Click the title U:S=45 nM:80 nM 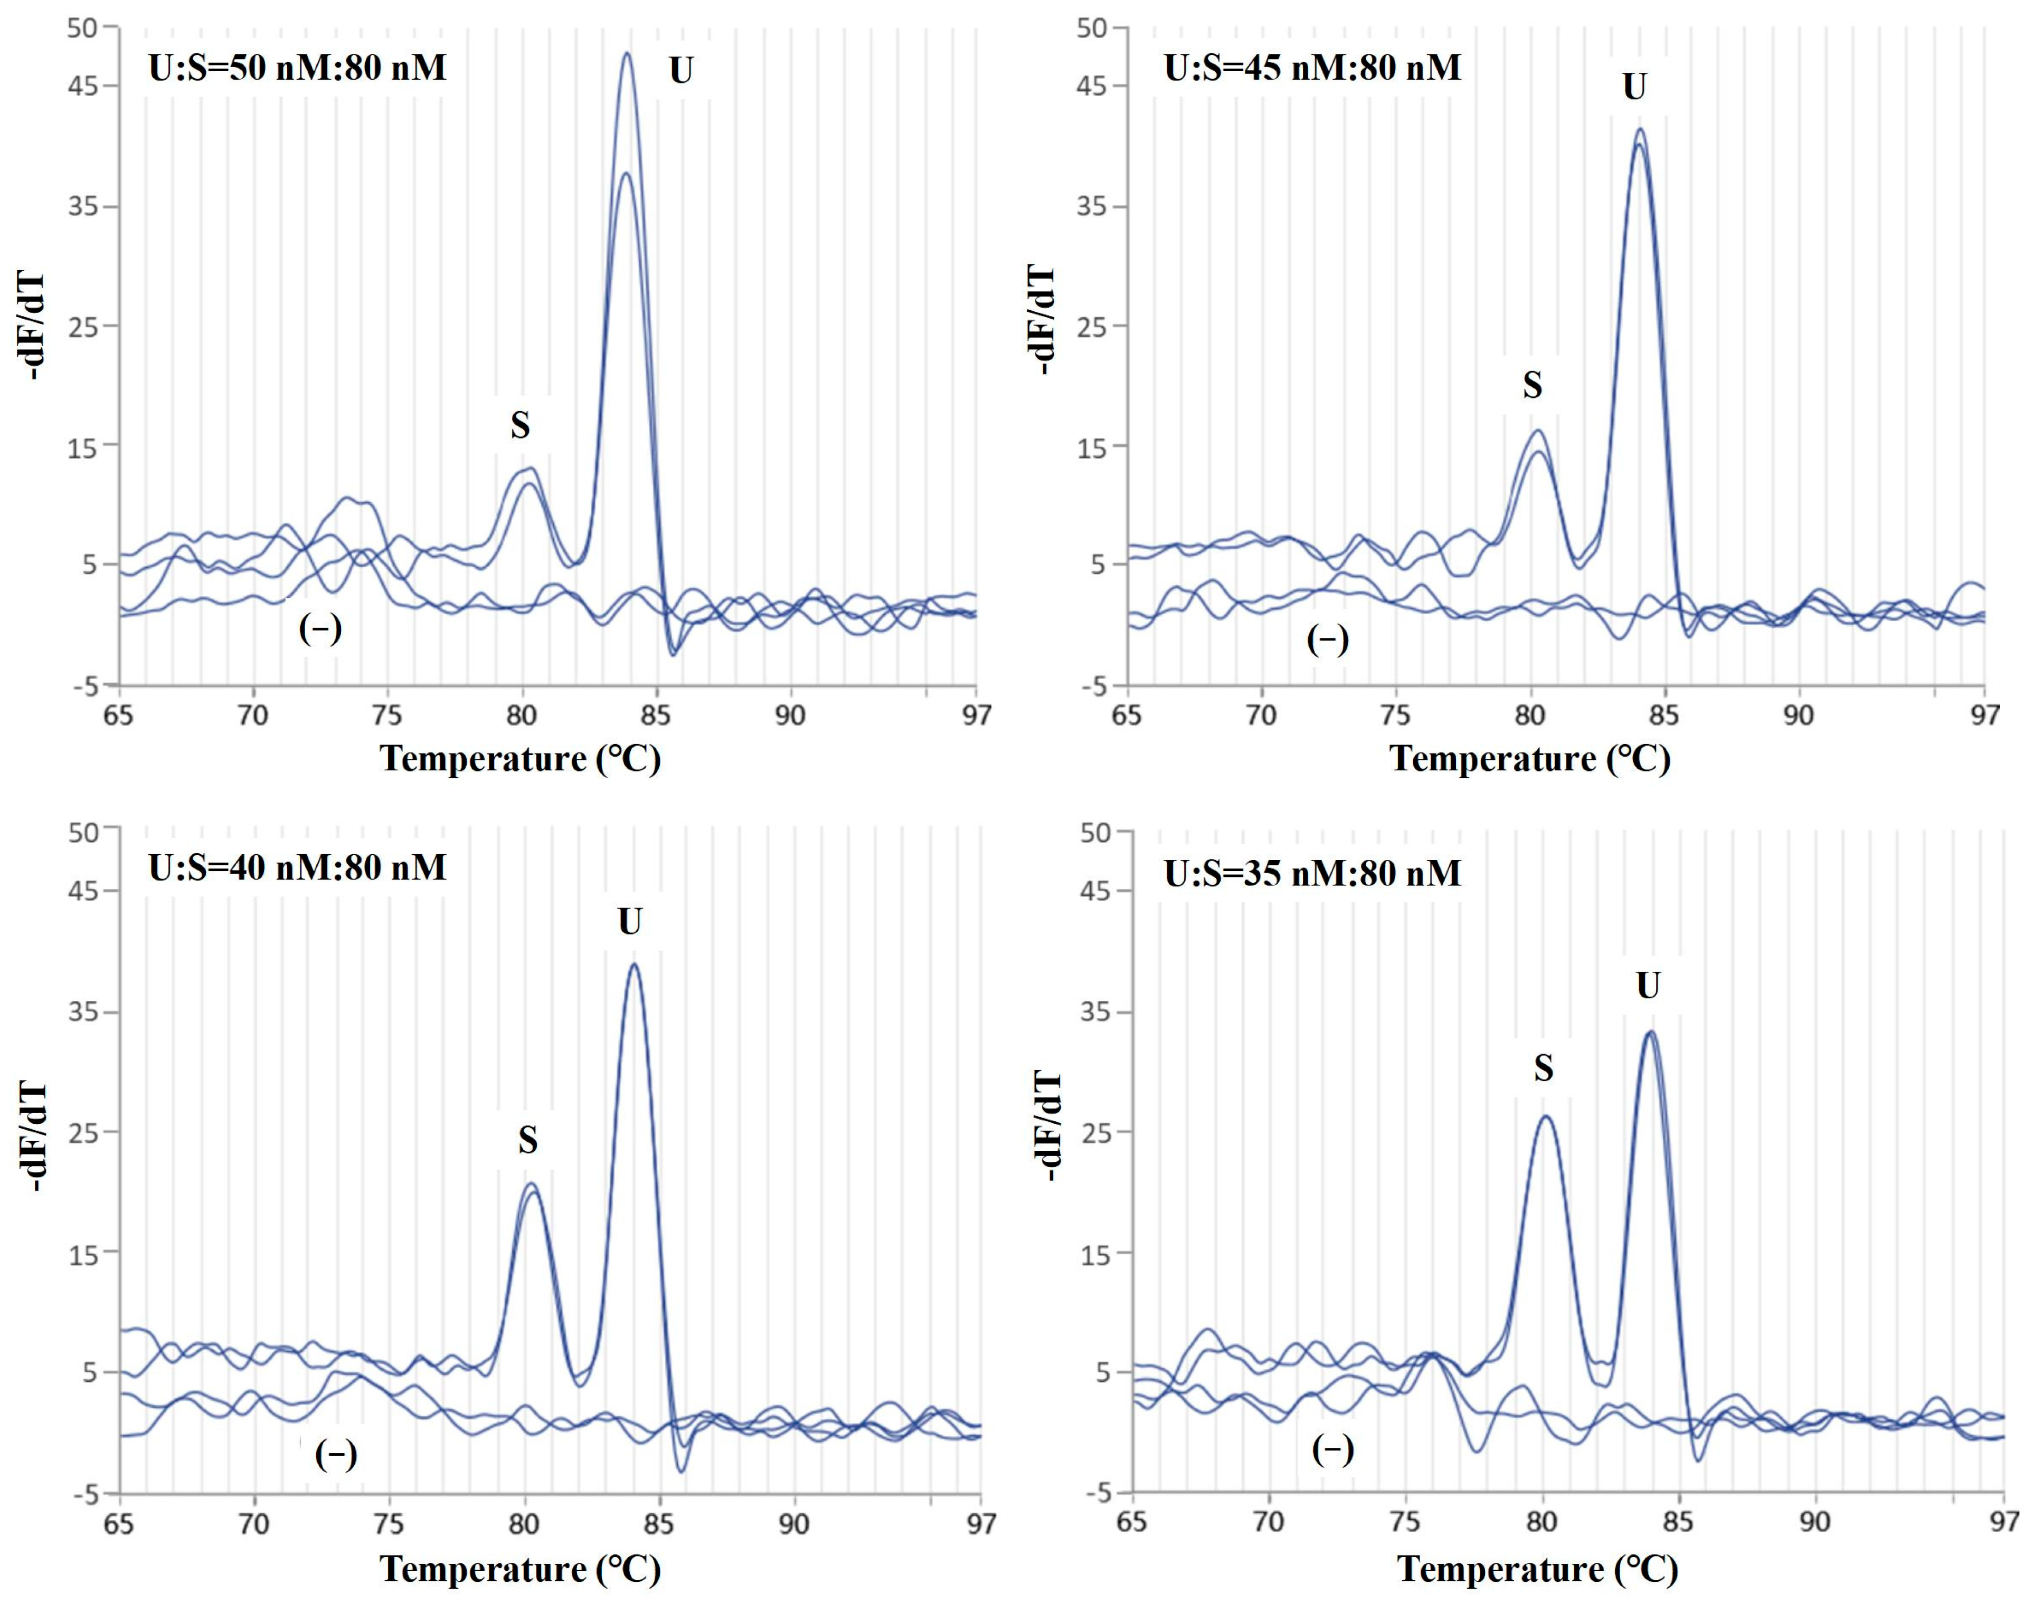click(1312, 68)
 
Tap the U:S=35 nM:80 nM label click(1312, 873)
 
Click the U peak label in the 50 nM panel click(681, 70)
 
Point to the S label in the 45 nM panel click(1532, 385)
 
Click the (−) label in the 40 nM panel click(335, 1455)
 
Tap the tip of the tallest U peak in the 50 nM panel click(627, 53)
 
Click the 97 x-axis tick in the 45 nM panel click(1984, 715)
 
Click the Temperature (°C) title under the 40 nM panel click(521, 1568)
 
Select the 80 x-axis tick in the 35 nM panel click(1542, 1521)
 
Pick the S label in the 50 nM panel click(519, 425)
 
